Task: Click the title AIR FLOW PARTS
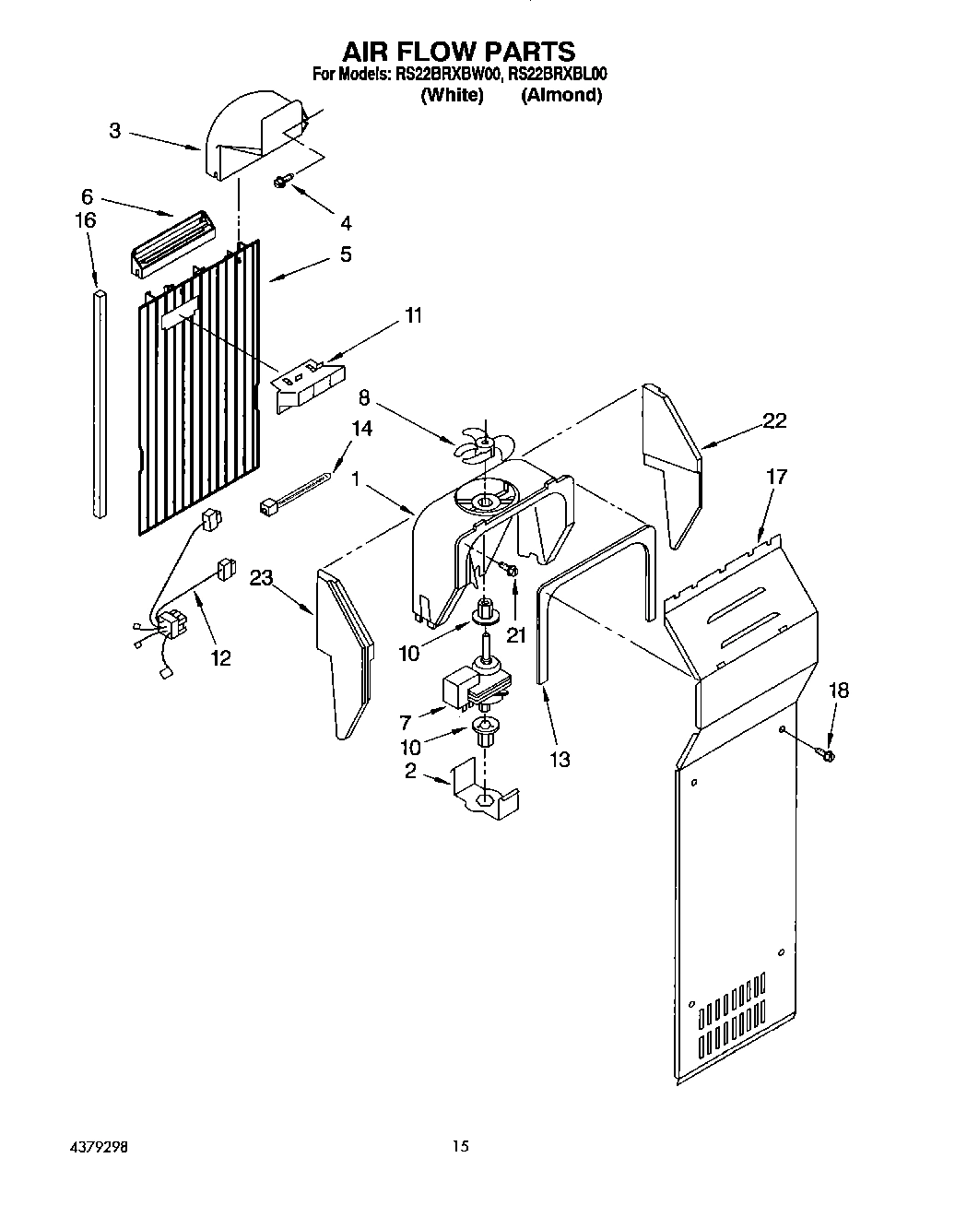pyautogui.click(x=459, y=51)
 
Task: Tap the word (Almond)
pyautogui.click(x=560, y=95)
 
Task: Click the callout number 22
pyautogui.click(x=774, y=420)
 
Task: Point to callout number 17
pyautogui.click(x=776, y=477)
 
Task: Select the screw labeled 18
pyautogui.click(x=826, y=755)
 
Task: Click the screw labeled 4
pyautogui.click(x=281, y=183)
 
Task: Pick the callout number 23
pyautogui.click(x=262, y=578)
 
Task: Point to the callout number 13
pyautogui.click(x=559, y=759)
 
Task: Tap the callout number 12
pyautogui.click(x=220, y=658)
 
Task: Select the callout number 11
pyautogui.click(x=413, y=316)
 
